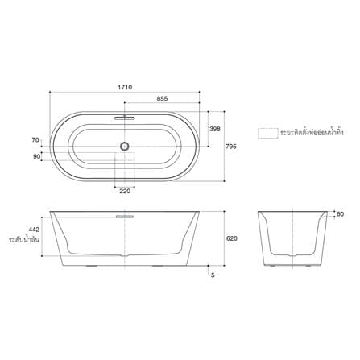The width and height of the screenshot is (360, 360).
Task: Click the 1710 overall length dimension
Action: tap(125, 87)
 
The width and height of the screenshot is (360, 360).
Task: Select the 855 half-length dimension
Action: tap(162, 99)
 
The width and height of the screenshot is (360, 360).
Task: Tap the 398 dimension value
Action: tap(215, 129)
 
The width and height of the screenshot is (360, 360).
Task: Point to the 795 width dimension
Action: tap(231, 147)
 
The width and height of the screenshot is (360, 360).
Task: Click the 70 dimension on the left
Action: tap(35, 140)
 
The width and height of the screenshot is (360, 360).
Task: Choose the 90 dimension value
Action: tap(36, 156)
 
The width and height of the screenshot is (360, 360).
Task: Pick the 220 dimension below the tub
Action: tap(125, 191)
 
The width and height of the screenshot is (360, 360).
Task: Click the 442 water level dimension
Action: tap(34, 230)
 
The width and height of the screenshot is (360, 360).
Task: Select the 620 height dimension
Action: tap(232, 238)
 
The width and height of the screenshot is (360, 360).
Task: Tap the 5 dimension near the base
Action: tap(213, 275)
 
